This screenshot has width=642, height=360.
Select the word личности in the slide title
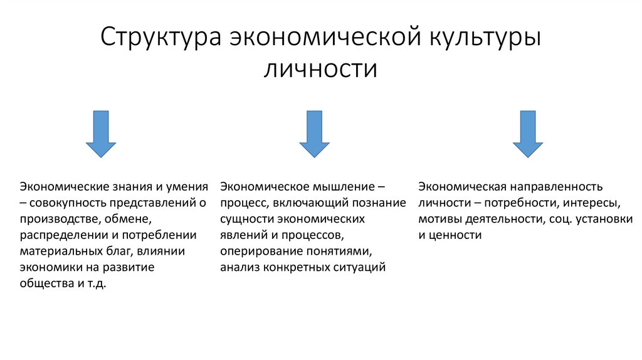click(320, 67)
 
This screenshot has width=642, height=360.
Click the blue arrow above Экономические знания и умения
click(101, 133)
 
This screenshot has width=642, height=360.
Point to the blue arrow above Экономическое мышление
click(314, 133)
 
